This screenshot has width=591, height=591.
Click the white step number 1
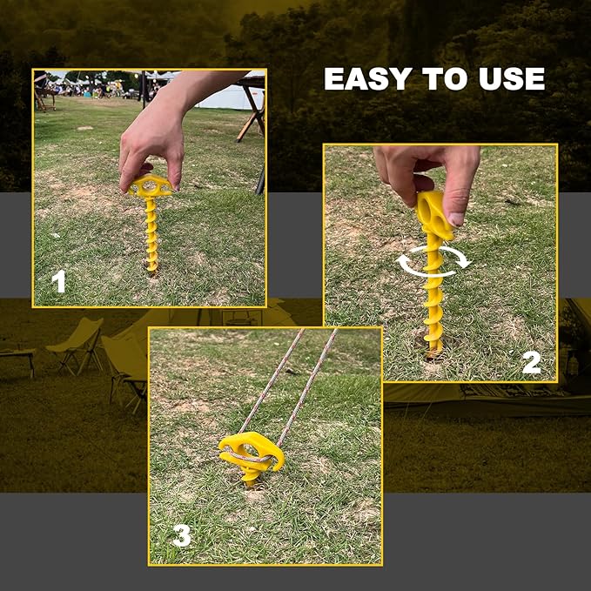click(x=58, y=281)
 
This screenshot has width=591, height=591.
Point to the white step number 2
click(x=531, y=361)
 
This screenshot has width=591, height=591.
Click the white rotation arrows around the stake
click(x=433, y=260)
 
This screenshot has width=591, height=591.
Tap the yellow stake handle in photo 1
click(x=151, y=185)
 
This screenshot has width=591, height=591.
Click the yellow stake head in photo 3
click(x=251, y=449)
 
